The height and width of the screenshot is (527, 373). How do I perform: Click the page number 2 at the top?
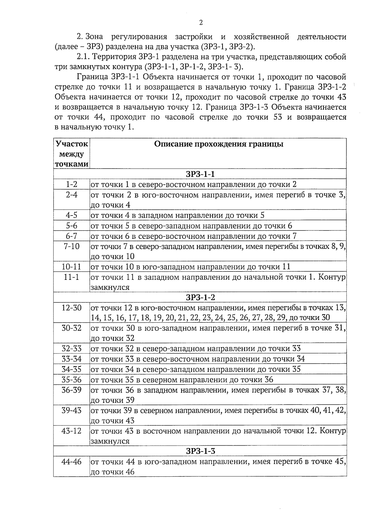(200, 22)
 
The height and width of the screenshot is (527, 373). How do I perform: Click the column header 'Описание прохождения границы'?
(219, 144)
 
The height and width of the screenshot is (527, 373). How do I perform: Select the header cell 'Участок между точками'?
(71, 154)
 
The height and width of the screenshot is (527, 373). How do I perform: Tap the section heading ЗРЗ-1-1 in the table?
(200, 174)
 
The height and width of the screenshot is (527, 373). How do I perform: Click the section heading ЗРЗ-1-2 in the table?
(200, 297)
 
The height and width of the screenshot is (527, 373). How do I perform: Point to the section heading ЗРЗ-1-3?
(200, 451)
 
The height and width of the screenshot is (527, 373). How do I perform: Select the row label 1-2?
(71, 184)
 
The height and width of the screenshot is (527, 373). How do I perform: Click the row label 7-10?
(71, 246)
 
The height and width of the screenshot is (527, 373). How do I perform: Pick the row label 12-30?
(71, 308)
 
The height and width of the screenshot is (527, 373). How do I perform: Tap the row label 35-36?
(71, 379)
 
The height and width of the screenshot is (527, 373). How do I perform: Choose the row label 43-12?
(71, 431)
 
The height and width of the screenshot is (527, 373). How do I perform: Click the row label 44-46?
(71, 461)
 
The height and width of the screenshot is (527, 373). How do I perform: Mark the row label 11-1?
(71, 277)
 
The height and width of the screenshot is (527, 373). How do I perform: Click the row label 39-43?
(71, 410)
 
